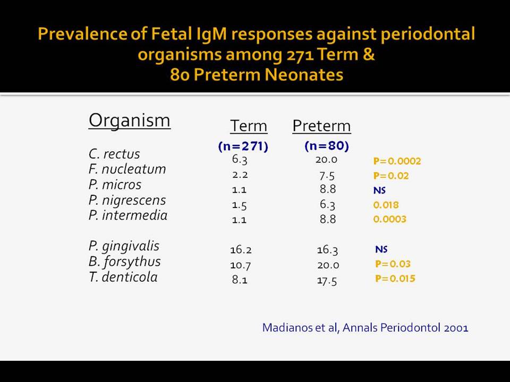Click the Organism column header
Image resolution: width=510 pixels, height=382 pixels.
130,121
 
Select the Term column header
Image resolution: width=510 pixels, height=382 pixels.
249,126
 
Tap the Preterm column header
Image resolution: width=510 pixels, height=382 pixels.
322,126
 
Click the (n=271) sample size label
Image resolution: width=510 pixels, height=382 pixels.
243,146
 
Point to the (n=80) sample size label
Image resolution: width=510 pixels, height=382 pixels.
327,146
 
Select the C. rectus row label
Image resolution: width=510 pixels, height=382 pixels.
114,154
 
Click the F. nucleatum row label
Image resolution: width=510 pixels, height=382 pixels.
127,169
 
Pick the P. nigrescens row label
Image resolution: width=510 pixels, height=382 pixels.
127,201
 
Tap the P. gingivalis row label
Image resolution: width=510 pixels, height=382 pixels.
124,246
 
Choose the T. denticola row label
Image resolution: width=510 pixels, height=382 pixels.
123,277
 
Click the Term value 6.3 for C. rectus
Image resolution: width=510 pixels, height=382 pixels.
240,160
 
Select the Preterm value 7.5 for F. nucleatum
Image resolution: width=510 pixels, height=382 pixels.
327,176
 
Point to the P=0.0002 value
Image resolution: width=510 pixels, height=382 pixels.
397,161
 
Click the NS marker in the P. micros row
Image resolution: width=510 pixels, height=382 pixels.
379,190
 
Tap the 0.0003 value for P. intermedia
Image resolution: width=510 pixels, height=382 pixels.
389,219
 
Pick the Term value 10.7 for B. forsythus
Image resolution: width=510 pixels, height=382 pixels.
240,265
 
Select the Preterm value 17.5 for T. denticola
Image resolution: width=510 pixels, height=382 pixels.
327,281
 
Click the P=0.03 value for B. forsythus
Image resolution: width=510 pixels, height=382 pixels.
393,264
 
